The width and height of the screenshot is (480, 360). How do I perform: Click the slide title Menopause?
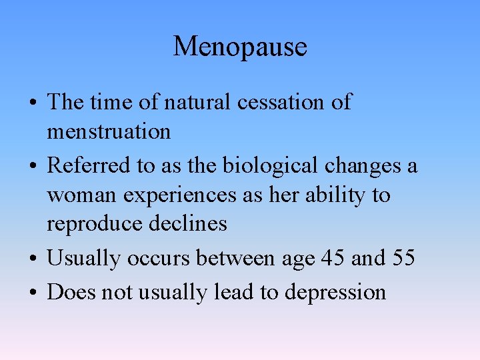(x=240, y=47)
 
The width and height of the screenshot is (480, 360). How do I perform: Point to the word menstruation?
(x=109, y=131)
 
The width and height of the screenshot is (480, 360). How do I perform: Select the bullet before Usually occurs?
(x=33, y=259)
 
